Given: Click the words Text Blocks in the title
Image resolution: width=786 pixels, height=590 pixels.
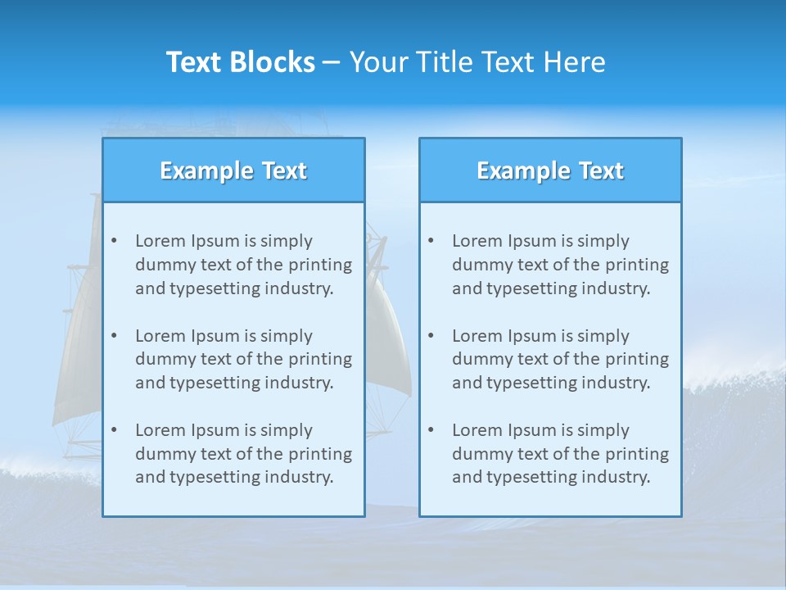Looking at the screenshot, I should (x=241, y=62).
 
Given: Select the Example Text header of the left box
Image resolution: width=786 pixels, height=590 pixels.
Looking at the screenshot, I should (x=233, y=170).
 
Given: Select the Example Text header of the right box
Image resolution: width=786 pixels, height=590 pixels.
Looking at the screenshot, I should (x=550, y=170).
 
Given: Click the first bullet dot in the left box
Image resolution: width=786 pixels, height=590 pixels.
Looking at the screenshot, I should (x=114, y=241).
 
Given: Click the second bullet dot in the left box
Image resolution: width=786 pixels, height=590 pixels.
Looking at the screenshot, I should (x=114, y=336).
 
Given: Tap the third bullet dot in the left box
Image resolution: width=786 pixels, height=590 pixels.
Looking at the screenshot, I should (x=114, y=430).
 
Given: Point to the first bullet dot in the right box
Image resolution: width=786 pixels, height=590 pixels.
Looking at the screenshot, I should (x=431, y=241).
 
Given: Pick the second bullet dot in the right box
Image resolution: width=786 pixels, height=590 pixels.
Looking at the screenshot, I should (x=431, y=336).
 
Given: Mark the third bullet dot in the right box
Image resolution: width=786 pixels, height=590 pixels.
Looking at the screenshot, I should (x=431, y=430).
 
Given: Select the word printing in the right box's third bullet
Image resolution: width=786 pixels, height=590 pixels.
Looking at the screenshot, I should (x=639, y=453).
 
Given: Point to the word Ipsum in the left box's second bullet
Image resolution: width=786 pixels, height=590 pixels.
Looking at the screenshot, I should (x=215, y=336).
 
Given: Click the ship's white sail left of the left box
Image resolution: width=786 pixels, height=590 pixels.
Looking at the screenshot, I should (x=78, y=352).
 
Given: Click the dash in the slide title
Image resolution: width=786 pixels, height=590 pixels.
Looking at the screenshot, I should (x=332, y=62).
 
